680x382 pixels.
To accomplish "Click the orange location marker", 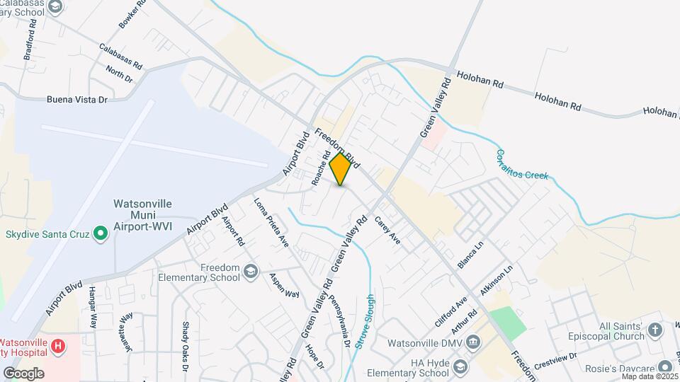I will [x=340, y=170].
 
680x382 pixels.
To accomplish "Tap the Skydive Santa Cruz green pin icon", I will [x=101, y=233].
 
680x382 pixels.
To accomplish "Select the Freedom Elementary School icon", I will [x=250, y=271].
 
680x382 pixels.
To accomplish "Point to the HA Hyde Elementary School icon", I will [x=460, y=366].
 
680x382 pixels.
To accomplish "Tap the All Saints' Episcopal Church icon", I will [x=657, y=330].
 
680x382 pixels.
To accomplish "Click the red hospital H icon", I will [x=59, y=346].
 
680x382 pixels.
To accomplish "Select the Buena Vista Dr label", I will [x=76, y=100].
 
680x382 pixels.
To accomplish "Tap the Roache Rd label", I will [x=321, y=168].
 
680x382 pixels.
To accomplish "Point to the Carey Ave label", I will [x=387, y=230].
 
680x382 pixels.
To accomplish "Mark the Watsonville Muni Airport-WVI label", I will [x=142, y=212].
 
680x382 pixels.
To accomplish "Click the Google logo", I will [x=23, y=373].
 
